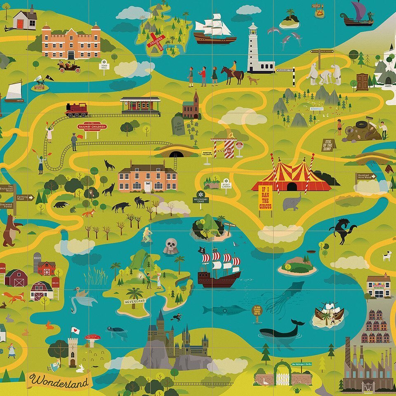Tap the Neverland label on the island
tap(135, 302)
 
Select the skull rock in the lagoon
tap(170, 246)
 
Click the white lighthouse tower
tap(253, 47)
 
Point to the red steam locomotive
tap(77, 110)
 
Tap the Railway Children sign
tap(92, 127)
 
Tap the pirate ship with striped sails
tap(219, 268)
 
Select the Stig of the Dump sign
tap(328, 144)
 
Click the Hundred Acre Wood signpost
tap(365, 177)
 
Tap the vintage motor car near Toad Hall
tap(69, 66)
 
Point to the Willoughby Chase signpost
tap(201, 197)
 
